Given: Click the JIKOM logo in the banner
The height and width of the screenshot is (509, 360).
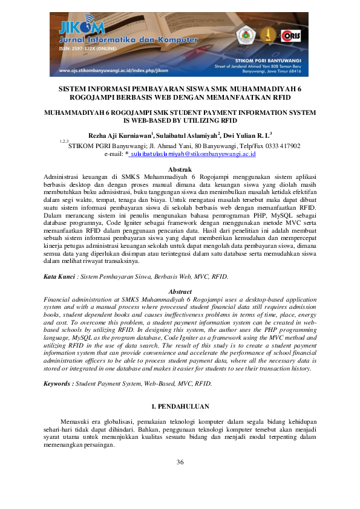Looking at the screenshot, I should (x=82, y=28).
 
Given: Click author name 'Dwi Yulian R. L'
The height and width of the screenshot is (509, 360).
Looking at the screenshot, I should (x=247, y=135).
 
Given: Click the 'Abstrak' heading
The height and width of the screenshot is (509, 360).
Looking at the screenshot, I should (x=180, y=169).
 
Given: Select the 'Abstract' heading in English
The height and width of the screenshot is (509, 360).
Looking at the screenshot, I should (x=180, y=291).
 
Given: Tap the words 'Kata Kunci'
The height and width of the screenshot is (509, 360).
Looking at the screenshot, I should (x=58, y=276).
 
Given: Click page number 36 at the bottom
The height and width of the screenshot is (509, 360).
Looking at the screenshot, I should (x=180, y=462).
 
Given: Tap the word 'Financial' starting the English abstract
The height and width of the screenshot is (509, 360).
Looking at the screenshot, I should (x=58, y=299).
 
